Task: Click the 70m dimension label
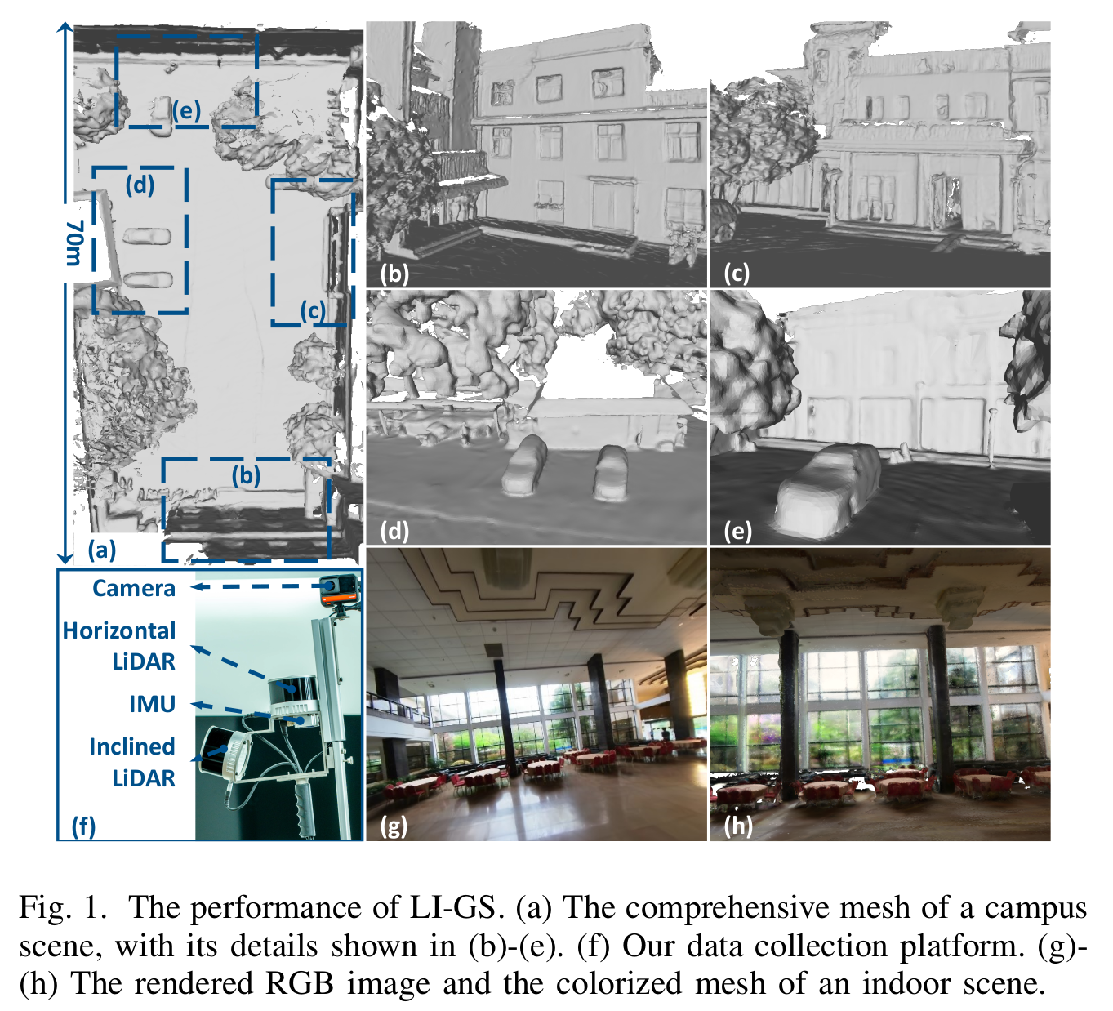coord(73,243)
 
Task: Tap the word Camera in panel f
coord(134,589)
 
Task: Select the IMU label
coord(152,705)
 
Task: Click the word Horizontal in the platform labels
coord(118,631)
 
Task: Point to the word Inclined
coord(132,747)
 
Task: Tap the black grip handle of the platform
coord(305,808)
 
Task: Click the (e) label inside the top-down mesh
coord(186,111)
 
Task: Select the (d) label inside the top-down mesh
coord(140,185)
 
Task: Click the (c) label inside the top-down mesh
coord(313,311)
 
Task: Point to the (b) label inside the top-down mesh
coord(246,476)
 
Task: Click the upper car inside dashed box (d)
coord(146,237)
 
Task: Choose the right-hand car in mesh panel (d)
coord(611,474)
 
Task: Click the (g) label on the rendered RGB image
coord(394,826)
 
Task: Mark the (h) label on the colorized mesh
coord(738,826)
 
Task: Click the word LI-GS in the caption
coord(452,908)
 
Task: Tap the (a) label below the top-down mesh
coord(102,550)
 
